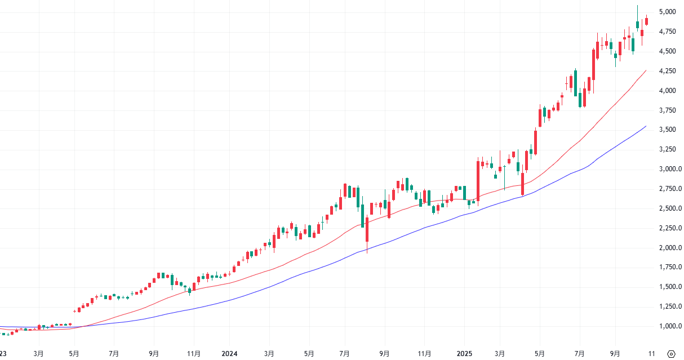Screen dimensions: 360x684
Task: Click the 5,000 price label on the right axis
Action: point(668,12)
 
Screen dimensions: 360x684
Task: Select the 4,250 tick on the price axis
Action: point(668,71)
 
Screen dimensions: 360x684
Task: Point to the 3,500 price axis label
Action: point(668,130)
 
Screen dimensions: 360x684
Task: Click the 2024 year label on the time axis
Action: point(229,354)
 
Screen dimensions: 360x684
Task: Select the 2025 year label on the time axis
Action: point(464,354)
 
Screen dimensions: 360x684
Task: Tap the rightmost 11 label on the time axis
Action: point(652,354)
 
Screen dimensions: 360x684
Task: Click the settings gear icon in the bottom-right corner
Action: point(671,354)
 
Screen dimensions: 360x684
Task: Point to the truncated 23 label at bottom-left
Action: point(3,354)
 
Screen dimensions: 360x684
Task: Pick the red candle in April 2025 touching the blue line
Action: point(523,184)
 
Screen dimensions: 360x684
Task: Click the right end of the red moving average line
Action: point(646,70)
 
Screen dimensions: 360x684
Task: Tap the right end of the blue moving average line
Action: point(646,126)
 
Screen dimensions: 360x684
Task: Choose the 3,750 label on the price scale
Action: point(668,110)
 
